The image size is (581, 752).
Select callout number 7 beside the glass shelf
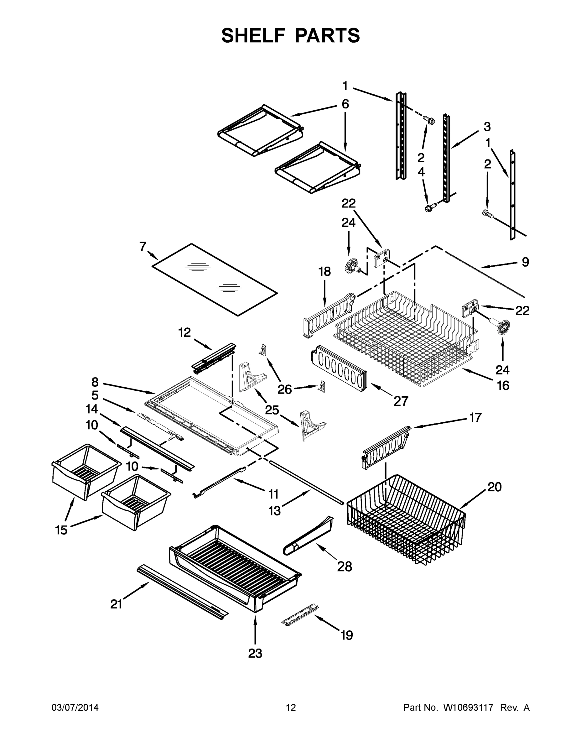click(143, 247)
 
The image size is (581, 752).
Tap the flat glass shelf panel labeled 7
click(214, 279)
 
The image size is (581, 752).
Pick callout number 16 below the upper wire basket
click(503, 385)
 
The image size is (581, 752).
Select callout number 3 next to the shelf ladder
click(487, 127)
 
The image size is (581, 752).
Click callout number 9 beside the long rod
click(525, 262)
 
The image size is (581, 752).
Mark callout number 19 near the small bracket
click(347, 635)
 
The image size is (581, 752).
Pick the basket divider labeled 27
click(339, 368)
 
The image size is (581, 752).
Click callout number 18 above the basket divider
click(324, 271)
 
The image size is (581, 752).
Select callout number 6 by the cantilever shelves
click(345, 104)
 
